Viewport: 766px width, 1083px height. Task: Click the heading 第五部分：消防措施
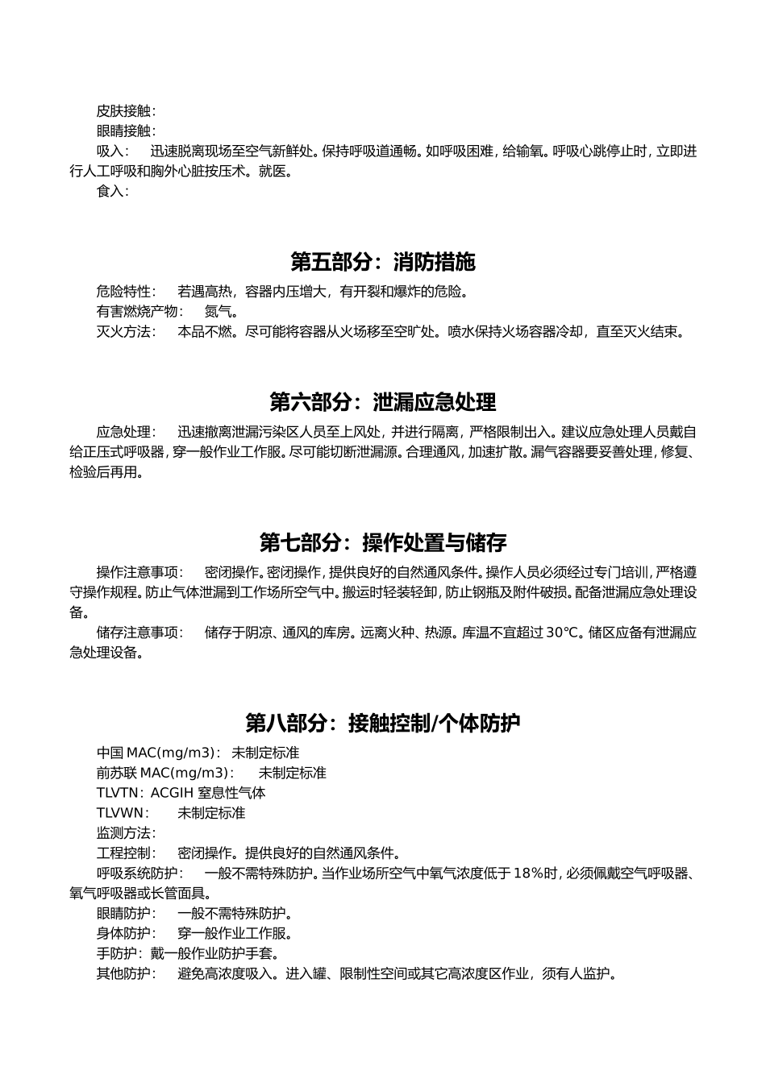coord(383,262)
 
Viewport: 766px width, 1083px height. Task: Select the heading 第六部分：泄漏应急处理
coord(383,402)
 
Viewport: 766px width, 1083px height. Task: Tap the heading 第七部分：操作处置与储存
coord(383,542)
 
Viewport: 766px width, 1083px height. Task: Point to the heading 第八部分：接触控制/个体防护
coord(383,723)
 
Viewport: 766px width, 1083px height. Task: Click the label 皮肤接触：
coord(127,111)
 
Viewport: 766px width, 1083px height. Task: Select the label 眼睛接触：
coord(127,131)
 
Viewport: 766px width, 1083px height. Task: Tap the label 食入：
coord(113,192)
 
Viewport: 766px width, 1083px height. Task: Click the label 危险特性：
coord(127,292)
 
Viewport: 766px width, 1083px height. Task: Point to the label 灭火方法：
coord(127,332)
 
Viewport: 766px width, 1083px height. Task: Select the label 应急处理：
coord(127,432)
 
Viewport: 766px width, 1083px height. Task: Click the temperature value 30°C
coord(563,633)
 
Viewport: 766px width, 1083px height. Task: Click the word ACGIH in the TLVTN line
coord(172,793)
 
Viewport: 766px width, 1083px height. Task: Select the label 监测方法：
coord(127,833)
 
